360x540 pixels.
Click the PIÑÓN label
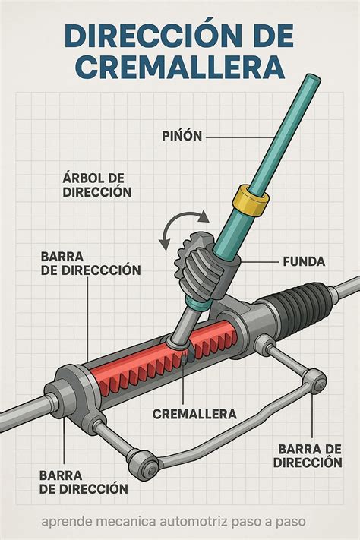[x=182, y=136]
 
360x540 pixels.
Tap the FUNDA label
[x=304, y=262]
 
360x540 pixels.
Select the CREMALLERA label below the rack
[x=194, y=414]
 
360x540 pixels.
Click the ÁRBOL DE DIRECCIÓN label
[x=96, y=185]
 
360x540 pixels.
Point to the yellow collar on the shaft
[x=251, y=201]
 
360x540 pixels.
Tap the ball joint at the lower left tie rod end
[x=144, y=463]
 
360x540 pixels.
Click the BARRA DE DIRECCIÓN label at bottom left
[x=84, y=482]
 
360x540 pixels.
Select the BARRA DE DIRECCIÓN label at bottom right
[x=308, y=455]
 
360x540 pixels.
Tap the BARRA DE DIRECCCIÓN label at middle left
[x=90, y=263]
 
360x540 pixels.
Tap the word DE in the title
[x=270, y=35]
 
